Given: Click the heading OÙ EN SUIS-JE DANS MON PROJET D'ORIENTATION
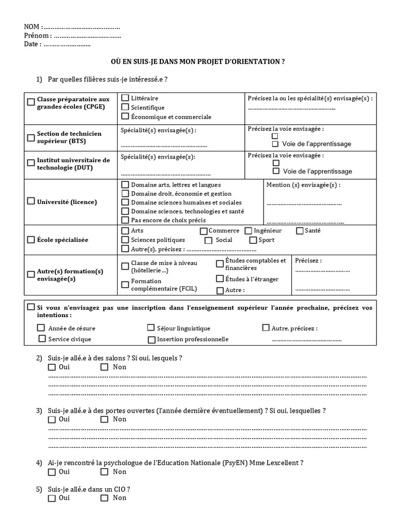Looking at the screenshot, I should [198, 61].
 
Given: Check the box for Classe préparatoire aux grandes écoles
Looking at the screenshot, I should [31, 102].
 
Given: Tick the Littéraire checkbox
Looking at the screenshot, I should [125, 98].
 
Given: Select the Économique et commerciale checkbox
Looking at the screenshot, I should [125, 117].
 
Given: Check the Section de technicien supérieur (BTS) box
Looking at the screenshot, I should [31, 137].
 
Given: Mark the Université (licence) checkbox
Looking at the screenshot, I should [31, 201].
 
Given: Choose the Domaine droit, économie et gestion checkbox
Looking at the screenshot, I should [125, 193].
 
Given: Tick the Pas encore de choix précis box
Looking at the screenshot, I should [125, 220].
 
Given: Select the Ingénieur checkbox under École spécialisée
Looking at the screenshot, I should [249, 231].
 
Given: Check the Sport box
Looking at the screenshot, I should [253, 240].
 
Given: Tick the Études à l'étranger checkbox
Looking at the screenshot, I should [220, 279].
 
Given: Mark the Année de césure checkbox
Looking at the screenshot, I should [41, 328].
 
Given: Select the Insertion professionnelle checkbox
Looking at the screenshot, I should [151, 339].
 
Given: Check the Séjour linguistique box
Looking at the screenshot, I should [151, 328].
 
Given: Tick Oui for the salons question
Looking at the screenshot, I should [52, 367].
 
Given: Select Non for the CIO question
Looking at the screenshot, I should [105, 498].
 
